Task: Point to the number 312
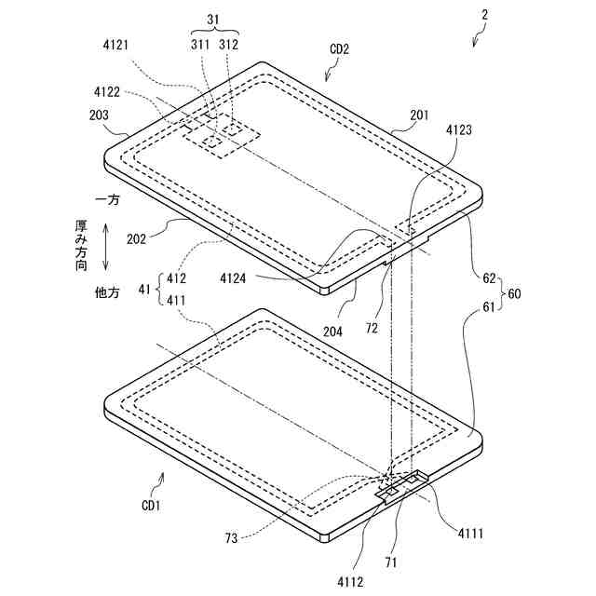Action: (230, 44)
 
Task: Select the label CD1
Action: (151, 506)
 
